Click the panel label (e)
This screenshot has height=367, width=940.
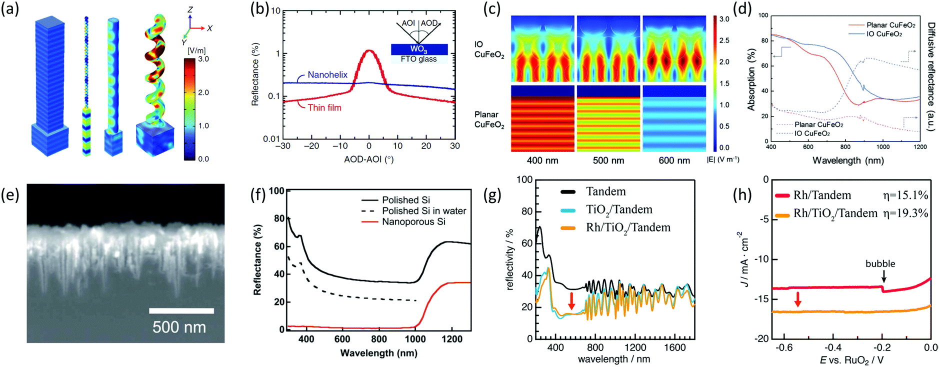10,194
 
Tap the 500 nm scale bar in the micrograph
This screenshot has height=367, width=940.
181,311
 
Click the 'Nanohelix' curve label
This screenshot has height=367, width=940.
327,75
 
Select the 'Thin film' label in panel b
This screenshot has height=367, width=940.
324,107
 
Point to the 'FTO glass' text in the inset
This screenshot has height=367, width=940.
418,59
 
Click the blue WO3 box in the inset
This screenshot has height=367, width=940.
418,49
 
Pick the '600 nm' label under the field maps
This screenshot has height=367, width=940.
673,160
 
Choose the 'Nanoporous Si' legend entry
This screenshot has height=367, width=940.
413,221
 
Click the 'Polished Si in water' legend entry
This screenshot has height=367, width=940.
424,211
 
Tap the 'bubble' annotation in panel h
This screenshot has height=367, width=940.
880,263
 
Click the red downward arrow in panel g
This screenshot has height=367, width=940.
571,300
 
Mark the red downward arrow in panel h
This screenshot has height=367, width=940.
798,299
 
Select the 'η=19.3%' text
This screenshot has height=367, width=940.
905,213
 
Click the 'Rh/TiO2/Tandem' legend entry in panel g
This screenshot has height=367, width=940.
628,227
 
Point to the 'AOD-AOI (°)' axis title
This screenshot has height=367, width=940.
368,159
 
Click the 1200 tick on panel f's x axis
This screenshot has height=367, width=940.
452,339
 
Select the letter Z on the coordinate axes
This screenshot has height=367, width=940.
190,9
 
